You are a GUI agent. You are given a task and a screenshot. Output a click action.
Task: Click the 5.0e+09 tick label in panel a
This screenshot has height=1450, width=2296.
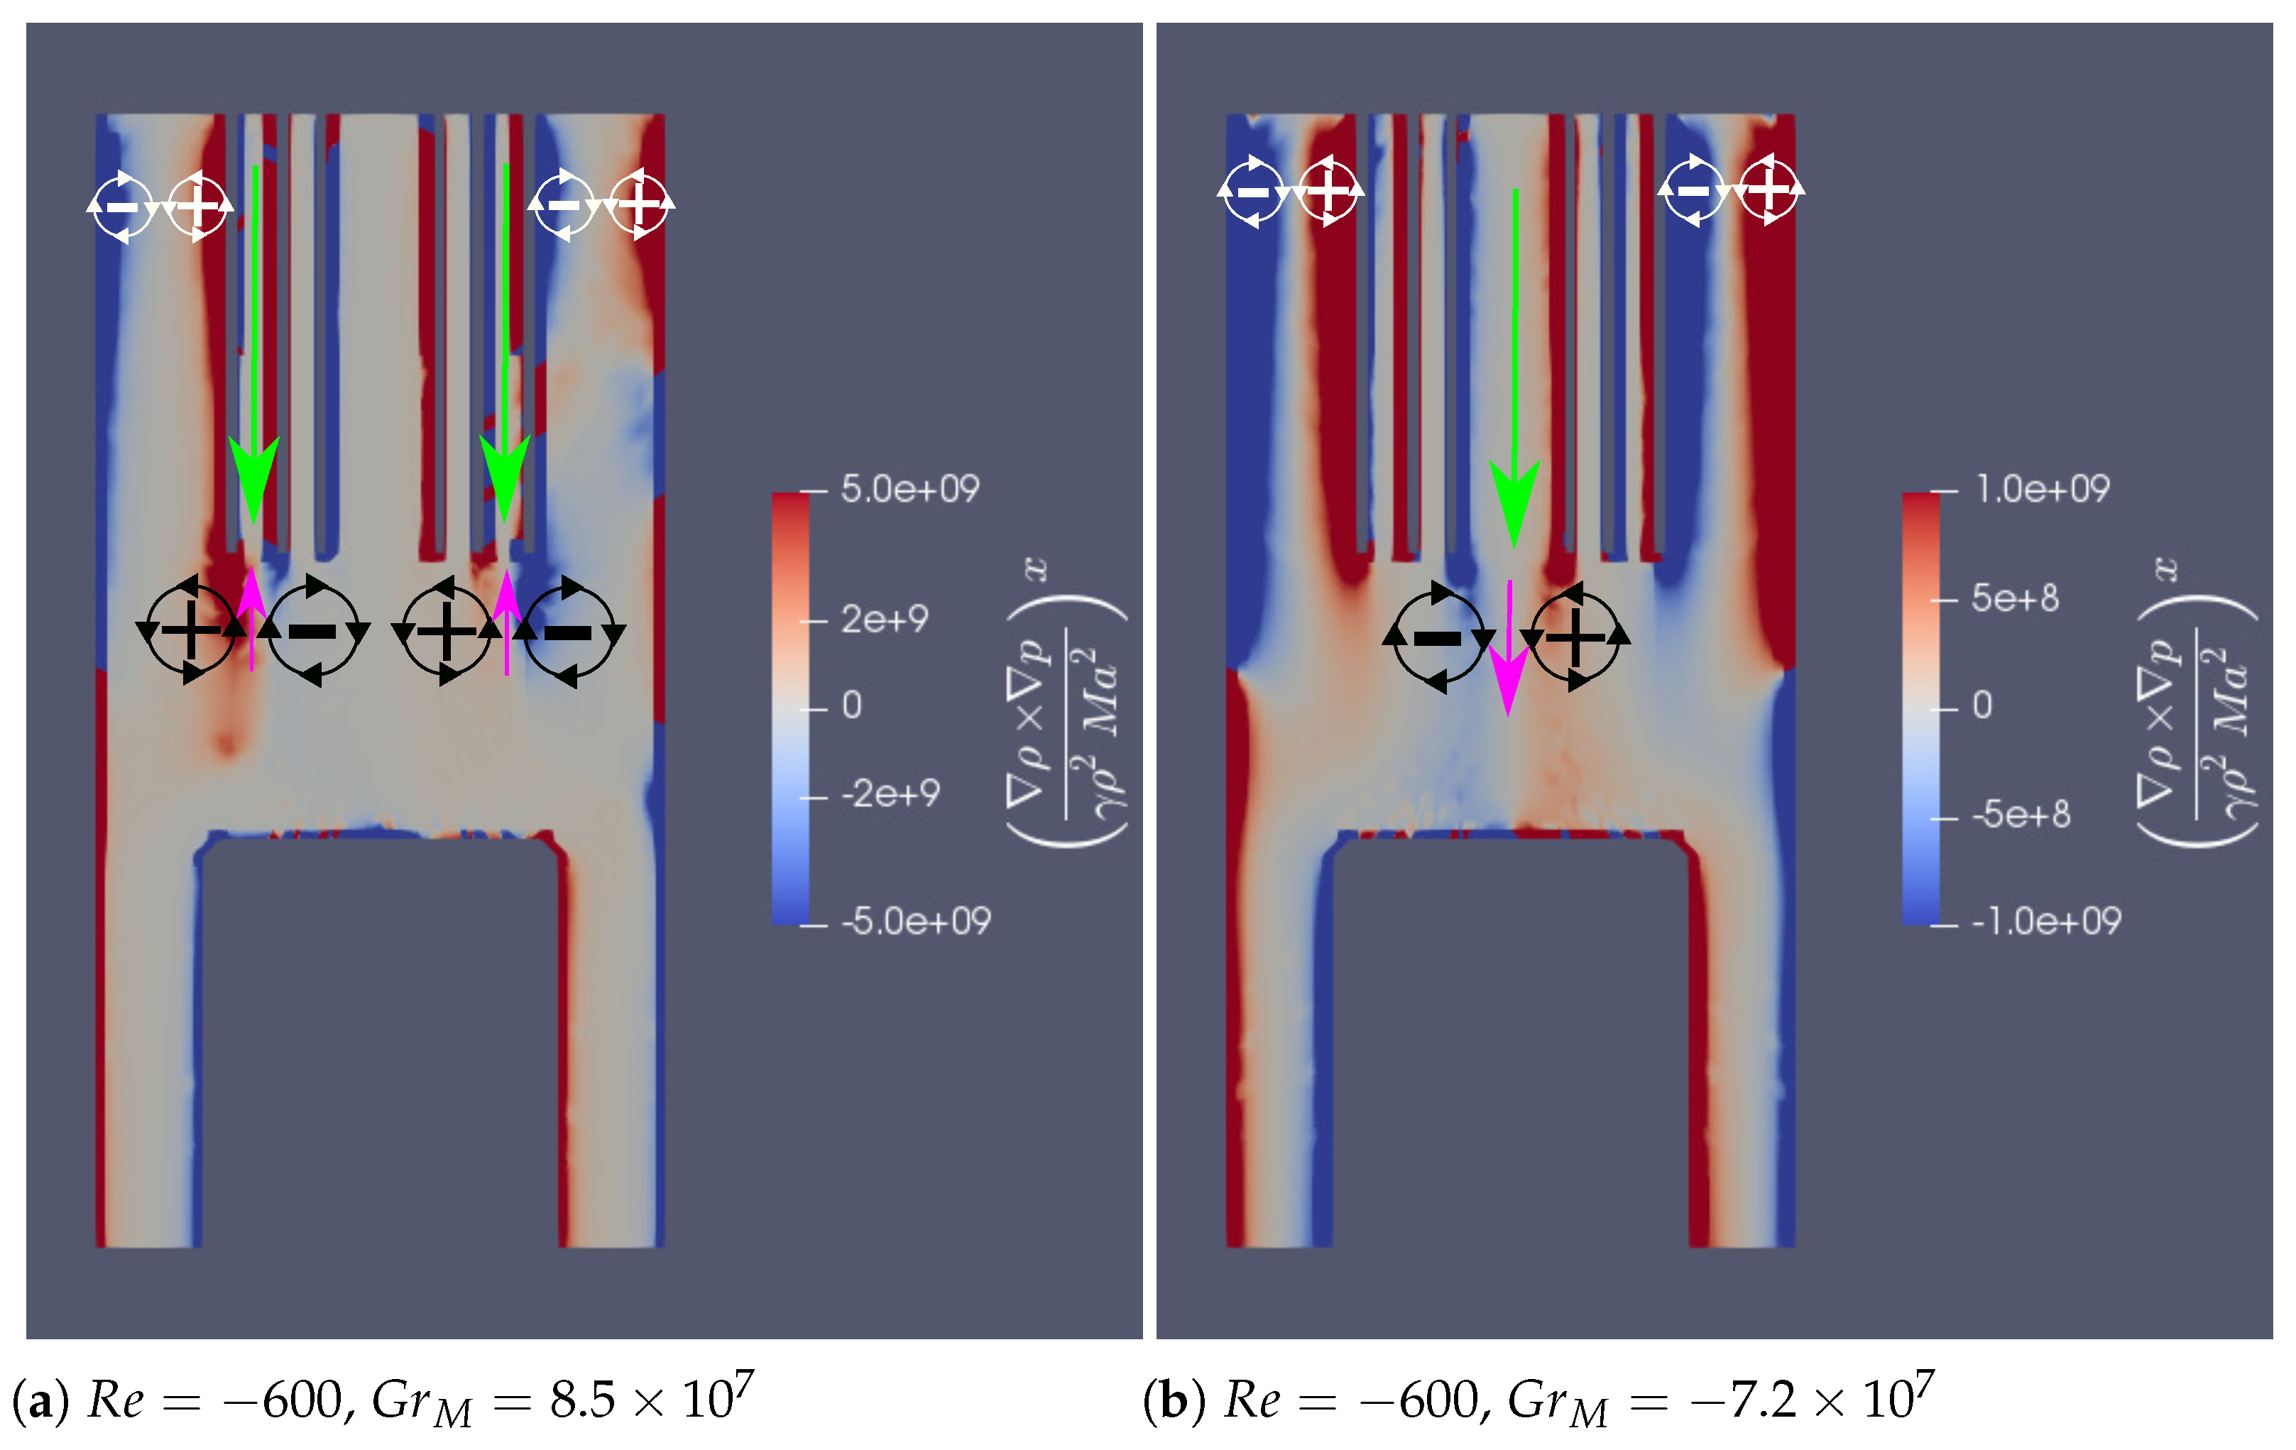tap(909, 489)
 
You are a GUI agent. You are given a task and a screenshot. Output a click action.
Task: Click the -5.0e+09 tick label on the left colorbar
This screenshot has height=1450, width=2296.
tap(915, 921)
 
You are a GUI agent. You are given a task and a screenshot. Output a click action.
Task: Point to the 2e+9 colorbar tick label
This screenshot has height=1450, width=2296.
tap(884, 620)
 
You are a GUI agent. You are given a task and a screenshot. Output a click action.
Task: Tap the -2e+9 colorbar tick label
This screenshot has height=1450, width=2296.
tap(890, 793)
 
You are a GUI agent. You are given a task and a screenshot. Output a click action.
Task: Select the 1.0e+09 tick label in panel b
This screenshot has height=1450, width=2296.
tap(2041, 489)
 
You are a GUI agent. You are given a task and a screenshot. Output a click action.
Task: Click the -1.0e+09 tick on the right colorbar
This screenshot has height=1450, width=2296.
tap(2045, 921)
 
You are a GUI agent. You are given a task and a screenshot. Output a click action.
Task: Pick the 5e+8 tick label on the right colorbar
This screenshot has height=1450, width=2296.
tap(2013, 599)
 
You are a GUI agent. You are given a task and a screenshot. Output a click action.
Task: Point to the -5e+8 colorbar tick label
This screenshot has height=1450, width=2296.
tap(2020, 814)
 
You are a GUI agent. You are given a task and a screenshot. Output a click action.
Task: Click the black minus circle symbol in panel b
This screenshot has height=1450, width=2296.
tap(1438, 636)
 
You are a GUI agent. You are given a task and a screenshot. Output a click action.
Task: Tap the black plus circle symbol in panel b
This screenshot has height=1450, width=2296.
tap(1574, 636)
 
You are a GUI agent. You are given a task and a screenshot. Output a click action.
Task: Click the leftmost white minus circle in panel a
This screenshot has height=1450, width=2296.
tap(121, 206)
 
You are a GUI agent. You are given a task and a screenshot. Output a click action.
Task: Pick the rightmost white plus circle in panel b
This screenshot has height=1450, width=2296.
tap(1768, 189)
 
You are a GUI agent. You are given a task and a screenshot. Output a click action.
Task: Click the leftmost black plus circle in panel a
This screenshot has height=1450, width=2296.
tap(190, 630)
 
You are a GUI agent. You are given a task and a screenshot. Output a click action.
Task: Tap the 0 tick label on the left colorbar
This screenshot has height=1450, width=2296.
tap(851, 705)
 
